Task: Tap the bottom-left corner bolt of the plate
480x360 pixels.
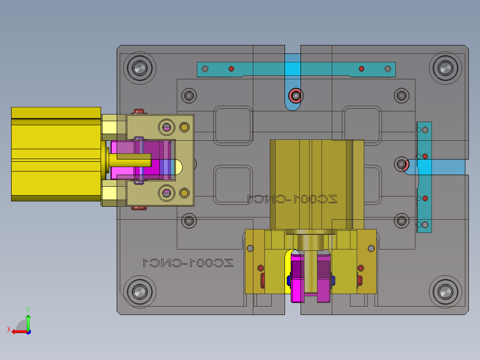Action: coord(139,292)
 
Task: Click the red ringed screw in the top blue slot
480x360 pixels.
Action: coord(295,95)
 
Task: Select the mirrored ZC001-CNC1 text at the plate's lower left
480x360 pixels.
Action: coord(188,262)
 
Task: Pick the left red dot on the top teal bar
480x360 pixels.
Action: coord(231,69)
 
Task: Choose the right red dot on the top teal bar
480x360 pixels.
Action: coord(362,69)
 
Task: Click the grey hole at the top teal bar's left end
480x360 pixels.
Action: coord(205,69)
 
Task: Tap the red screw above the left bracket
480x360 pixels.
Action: coord(140,111)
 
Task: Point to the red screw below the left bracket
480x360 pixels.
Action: coord(140,208)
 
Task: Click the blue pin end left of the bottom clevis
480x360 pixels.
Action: coord(289,280)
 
